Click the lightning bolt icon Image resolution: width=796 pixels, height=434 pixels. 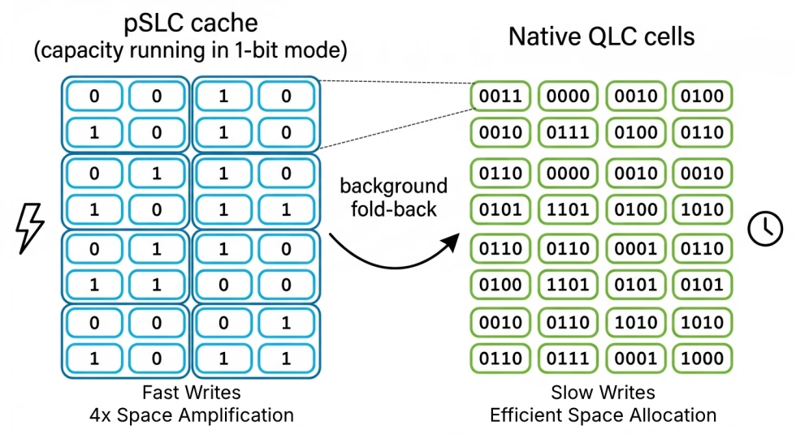click(31, 228)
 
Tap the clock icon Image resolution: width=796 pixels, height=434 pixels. click(765, 229)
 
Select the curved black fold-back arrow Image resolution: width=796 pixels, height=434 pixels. click(392, 252)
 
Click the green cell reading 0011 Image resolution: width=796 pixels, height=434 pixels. click(500, 96)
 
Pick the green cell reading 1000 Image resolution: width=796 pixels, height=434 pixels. click(702, 358)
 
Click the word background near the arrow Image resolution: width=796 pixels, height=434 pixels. click(393, 186)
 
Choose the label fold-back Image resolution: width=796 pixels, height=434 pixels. click(393, 209)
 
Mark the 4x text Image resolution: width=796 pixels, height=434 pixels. click(101, 415)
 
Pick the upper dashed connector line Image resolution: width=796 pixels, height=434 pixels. click(396, 80)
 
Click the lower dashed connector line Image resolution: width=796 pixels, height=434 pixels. click(396, 128)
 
